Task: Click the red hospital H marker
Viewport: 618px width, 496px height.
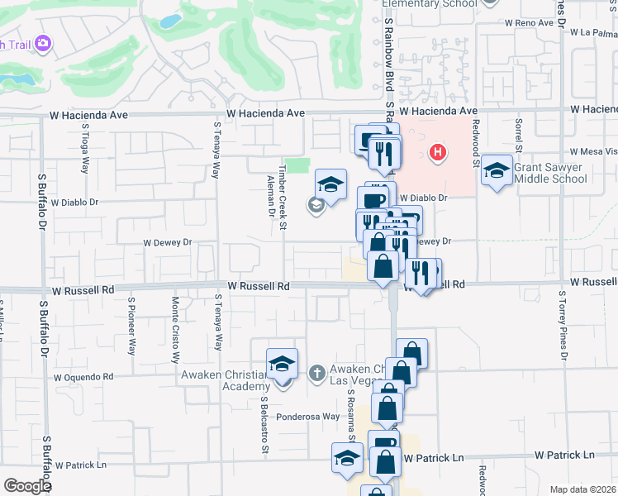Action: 439,153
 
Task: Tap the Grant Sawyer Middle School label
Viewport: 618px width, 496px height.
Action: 549,173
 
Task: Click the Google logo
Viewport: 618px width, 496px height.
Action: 27,486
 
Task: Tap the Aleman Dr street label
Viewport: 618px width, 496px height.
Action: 271,198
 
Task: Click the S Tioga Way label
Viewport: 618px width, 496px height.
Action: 85,149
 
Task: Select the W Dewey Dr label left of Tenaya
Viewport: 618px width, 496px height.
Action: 167,243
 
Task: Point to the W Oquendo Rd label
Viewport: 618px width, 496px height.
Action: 83,377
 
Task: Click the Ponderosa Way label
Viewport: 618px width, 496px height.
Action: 308,417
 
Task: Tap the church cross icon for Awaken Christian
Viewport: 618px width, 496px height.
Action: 315,374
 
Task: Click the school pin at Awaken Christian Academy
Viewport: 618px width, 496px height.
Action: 282,364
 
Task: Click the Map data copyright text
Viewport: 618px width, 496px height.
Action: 582,489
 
